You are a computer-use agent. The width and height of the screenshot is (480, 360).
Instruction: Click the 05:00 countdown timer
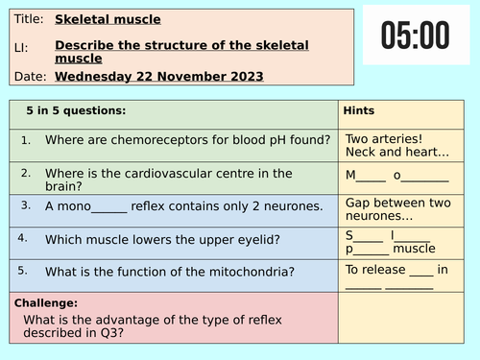[415, 36]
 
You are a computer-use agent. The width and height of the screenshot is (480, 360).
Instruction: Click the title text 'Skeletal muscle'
[108, 19]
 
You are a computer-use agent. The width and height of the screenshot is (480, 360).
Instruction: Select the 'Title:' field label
[28, 19]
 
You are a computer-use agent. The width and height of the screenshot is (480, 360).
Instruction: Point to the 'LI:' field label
[22, 45]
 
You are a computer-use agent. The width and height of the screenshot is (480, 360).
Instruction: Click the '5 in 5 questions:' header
[76, 110]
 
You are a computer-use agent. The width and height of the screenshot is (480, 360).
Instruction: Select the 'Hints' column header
[359, 110]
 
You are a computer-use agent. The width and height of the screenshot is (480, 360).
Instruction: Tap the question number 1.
[26, 140]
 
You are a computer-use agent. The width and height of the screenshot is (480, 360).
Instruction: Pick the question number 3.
[26, 204]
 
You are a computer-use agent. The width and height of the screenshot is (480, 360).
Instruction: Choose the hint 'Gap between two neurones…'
[397, 208]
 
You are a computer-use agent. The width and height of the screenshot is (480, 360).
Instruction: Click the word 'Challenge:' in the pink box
[44, 302]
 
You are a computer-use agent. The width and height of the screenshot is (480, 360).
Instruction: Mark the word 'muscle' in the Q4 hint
[414, 249]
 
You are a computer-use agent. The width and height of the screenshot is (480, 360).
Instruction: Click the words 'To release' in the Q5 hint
[375, 270]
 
